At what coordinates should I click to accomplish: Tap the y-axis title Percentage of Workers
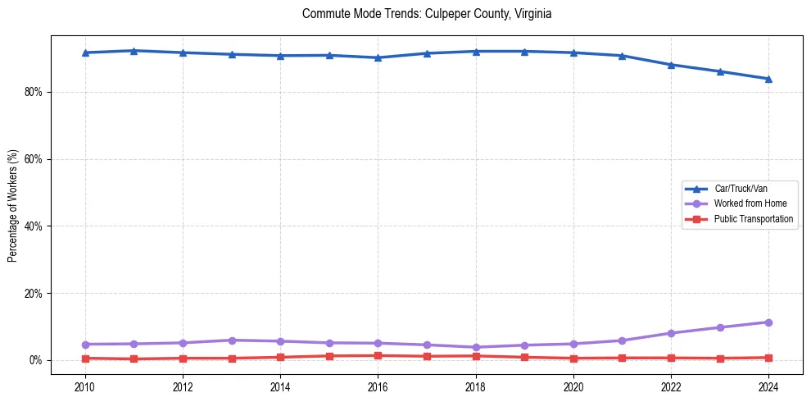[12, 206]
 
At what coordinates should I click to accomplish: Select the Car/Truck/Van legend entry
[740, 189]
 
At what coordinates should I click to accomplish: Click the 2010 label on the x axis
[84, 386]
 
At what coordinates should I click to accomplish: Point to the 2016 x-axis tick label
[378, 386]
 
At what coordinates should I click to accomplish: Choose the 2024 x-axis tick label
[768, 386]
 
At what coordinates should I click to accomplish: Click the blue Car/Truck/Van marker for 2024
[768, 79]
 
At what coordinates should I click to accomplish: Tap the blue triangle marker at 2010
[84, 53]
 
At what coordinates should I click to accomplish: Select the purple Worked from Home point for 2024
[768, 322]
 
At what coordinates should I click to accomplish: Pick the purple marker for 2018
[475, 347]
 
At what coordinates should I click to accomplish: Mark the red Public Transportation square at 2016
[378, 355]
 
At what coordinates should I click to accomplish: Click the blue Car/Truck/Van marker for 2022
[671, 65]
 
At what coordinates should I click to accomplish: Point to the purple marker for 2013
[231, 340]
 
